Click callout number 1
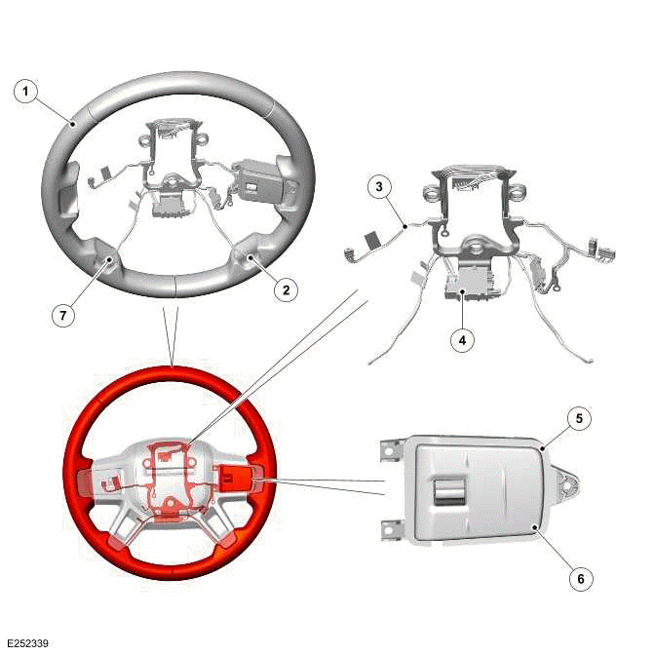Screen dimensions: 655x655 point(26,92)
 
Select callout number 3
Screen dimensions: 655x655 point(379,184)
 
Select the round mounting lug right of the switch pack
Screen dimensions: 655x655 point(566,483)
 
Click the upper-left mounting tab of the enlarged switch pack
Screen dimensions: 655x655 point(390,449)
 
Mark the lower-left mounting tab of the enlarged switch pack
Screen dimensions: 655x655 point(392,527)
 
